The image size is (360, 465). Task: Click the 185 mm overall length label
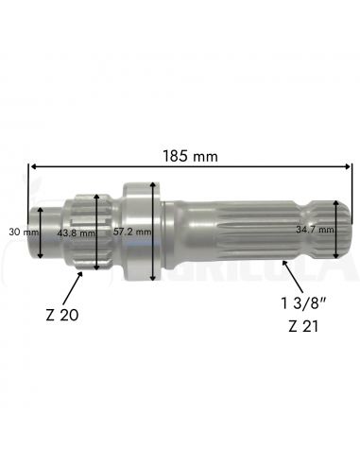pos(190,156)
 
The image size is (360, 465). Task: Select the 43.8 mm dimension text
pos(76,233)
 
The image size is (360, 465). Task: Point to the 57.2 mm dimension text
pos(132,232)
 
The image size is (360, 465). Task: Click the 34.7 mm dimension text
pos(315,230)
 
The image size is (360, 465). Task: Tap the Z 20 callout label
pos(62,315)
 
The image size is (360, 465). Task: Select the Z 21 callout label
pos(303,327)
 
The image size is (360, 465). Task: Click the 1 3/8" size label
pos(302,303)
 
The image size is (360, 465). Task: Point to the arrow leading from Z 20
pos(73,287)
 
